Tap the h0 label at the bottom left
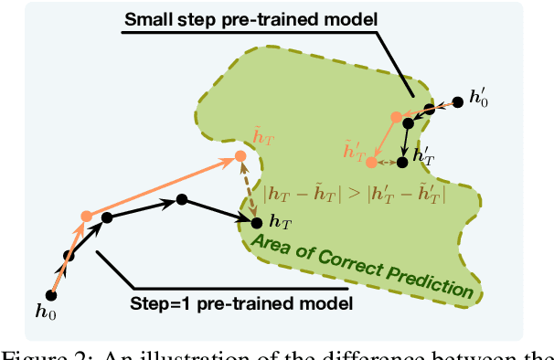[44, 312]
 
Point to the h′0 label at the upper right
[478, 98]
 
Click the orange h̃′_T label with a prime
[353, 147]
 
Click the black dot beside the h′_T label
[402, 162]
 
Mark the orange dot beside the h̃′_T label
[371, 162]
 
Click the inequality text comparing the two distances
[354, 194]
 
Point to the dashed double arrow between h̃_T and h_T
[247, 186]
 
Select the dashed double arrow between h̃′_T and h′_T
[387, 162]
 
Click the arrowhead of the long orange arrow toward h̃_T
[230, 161]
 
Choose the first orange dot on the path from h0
[86, 217]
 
